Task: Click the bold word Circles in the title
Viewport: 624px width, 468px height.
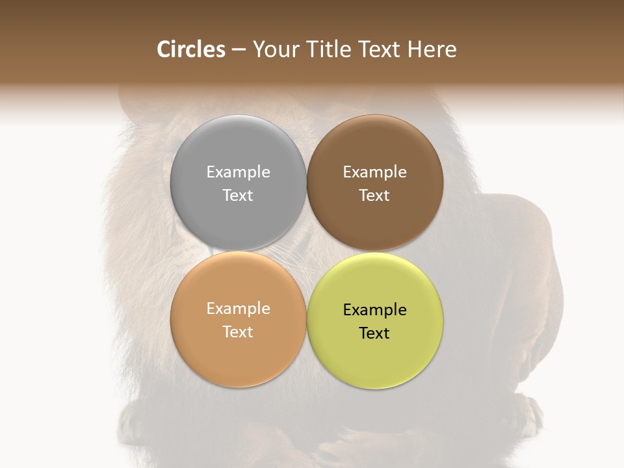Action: pyautogui.click(x=191, y=49)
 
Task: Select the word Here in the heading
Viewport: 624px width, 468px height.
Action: pyautogui.click(x=432, y=49)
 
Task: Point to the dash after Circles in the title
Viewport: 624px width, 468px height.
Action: pyautogui.click(x=239, y=50)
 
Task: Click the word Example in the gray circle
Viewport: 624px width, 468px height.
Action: pyautogui.click(x=238, y=172)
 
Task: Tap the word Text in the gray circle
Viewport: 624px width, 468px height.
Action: pyautogui.click(x=238, y=195)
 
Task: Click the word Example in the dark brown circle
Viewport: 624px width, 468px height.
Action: pyautogui.click(x=375, y=172)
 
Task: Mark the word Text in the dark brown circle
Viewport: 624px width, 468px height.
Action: pyautogui.click(x=375, y=195)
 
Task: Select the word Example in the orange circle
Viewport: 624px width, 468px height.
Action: pyautogui.click(x=238, y=308)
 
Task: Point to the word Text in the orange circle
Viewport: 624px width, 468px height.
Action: pyautogui.click(x=238, y=331)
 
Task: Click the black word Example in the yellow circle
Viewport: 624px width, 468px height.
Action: pyautogui.click(x=375, y=309)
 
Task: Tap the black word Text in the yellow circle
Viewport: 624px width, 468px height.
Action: pyautogui.click(x=375, y=333)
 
